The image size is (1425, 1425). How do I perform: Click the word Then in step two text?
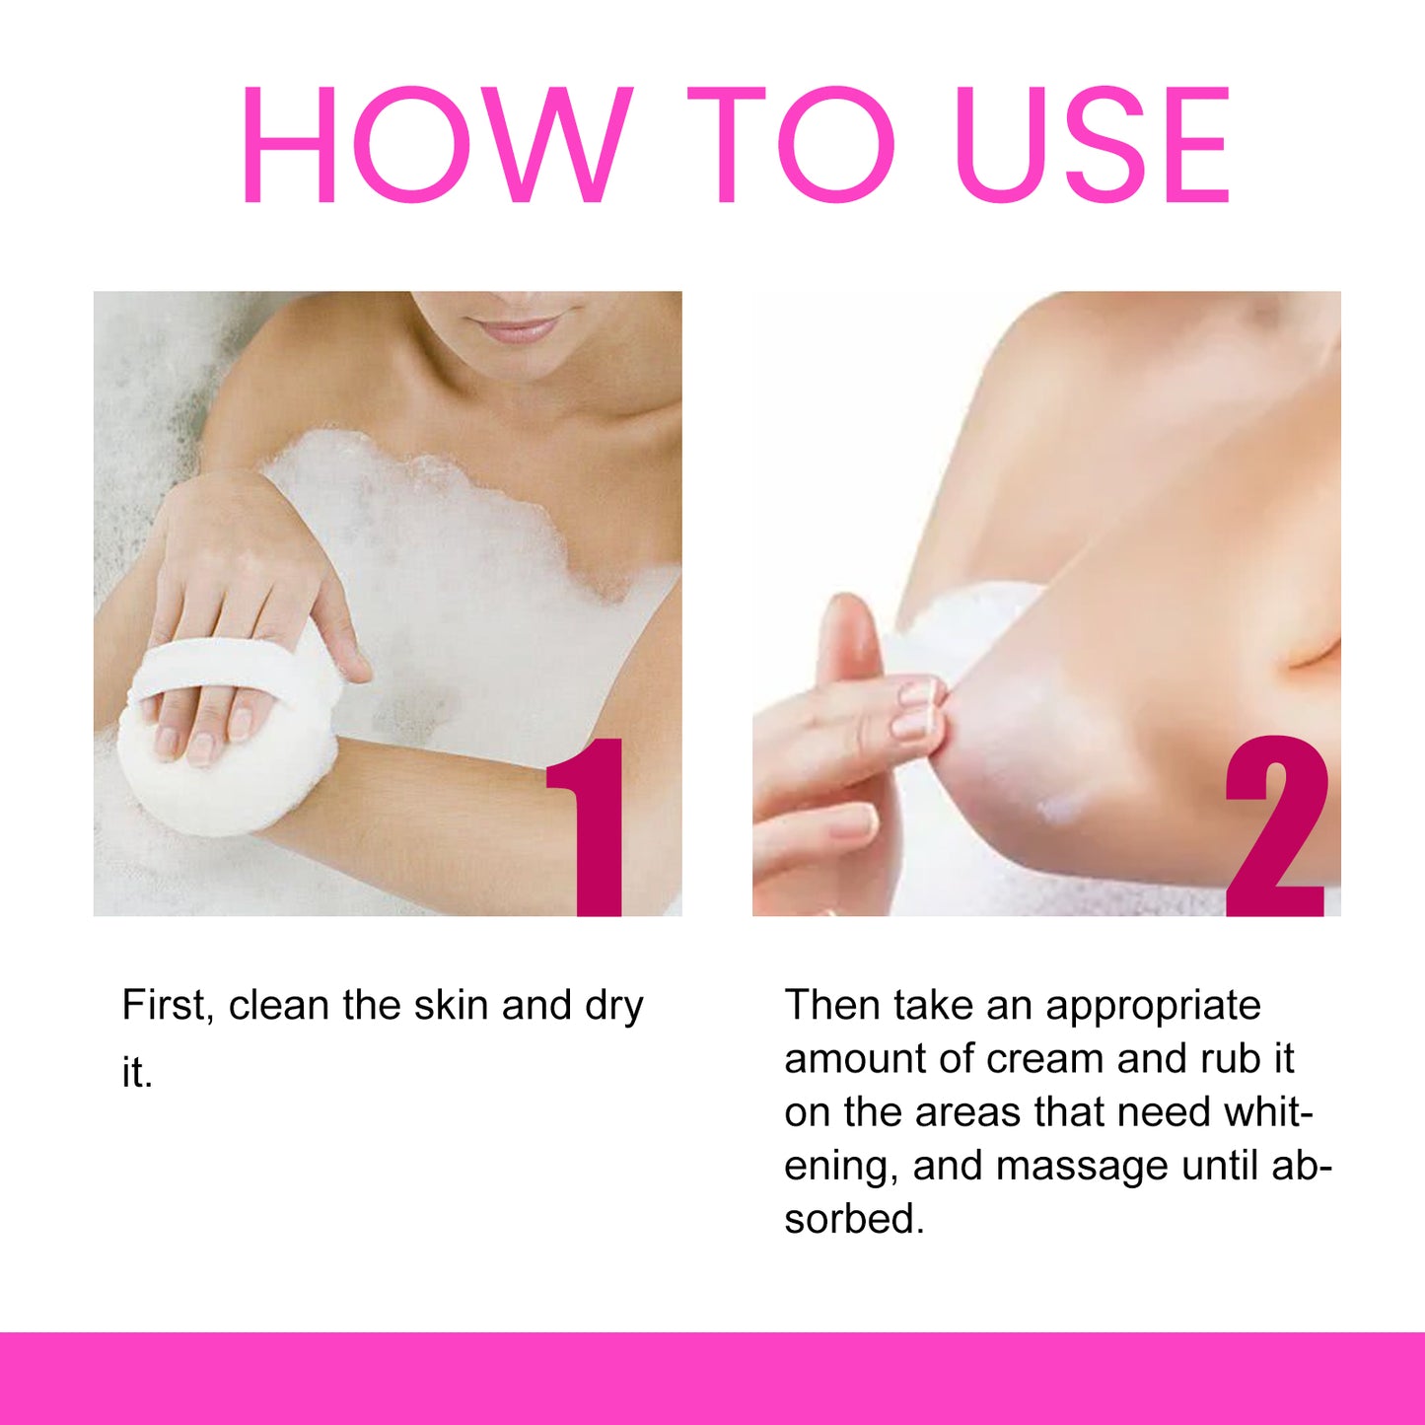pyautogui.click(x=832, y=1006)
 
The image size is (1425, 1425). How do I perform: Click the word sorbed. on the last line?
pyautogui.click(x=854, y=1220)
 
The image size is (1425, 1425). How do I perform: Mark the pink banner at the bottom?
pyautogui.click(x=712, y=1379)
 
